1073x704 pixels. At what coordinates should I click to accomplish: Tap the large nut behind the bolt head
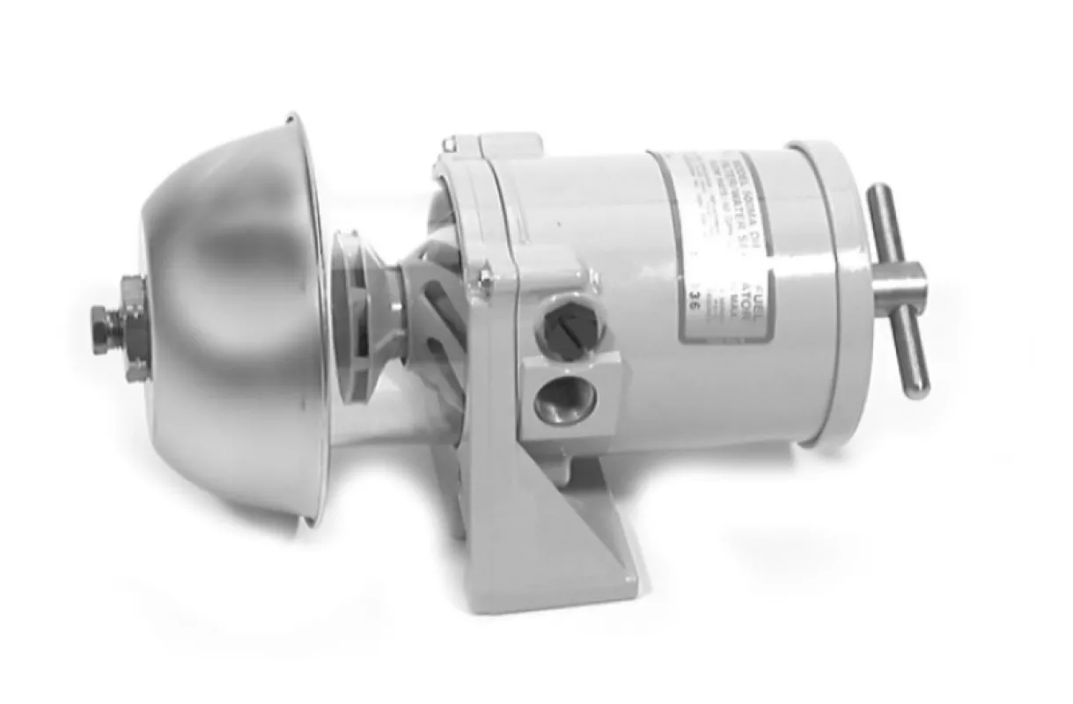(134, 328)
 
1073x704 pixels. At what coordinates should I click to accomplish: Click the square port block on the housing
(568, 370)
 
